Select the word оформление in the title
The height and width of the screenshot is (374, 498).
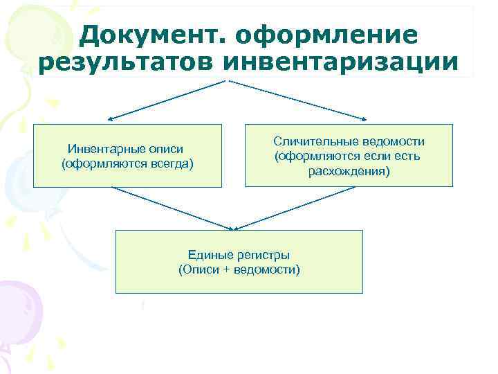point(328,35)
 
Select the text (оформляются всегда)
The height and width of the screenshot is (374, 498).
point(127,163)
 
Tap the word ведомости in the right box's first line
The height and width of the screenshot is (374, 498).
point(391,141)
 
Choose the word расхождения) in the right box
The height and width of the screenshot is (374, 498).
point(349,170)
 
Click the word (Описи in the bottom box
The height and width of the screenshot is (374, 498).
point(198,269)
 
